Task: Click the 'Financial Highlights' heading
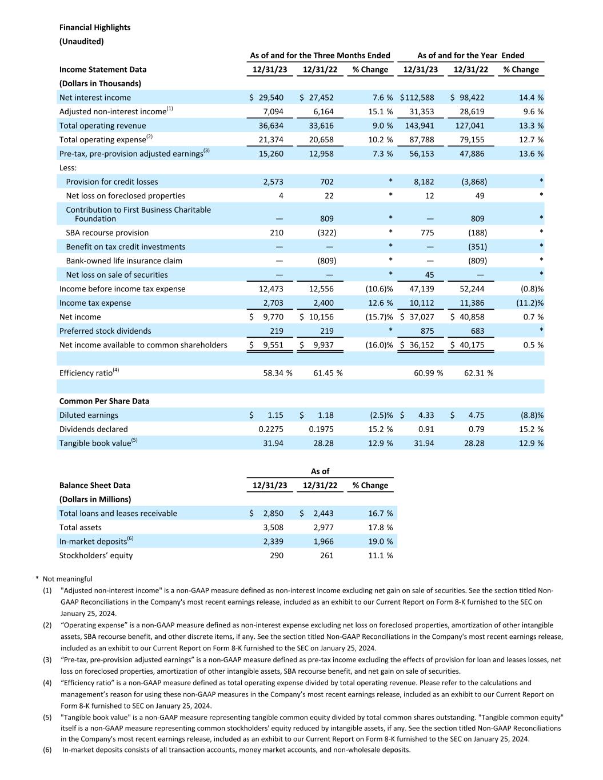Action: coord(95,27)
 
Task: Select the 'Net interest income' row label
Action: coord(95,98)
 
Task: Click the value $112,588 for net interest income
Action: coord(417,98)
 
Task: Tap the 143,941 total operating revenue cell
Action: coord(422,126)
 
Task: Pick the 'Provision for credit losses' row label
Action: coord(112,182)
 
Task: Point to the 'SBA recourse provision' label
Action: coord(107,233)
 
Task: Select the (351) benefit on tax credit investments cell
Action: coord(477,247)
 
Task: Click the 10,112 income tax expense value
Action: coord(422,303)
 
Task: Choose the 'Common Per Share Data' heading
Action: coord(104,401)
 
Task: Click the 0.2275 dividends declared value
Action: coord(271,429)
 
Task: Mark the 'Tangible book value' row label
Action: coord(95,443)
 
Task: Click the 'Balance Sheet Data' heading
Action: coord(95,485)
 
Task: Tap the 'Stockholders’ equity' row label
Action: coord(96,555)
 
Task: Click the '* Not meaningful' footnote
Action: coord(64,579)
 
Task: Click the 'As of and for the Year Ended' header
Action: coord(470,55)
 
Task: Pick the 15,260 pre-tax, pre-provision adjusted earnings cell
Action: coord(271,154)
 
